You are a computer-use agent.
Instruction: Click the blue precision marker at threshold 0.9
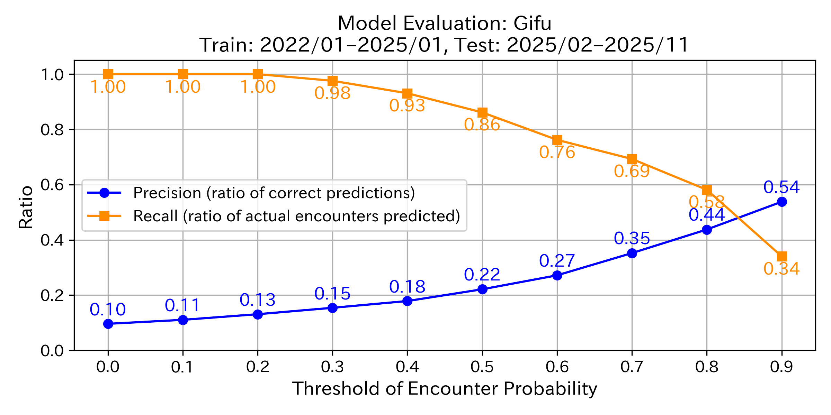click(781, 202)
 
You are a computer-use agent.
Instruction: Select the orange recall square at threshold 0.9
click(781, 257)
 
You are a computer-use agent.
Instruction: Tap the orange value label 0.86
click(482, 125)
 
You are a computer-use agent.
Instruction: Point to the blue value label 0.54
click(781, 187)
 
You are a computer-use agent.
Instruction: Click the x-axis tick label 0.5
click(482, 367)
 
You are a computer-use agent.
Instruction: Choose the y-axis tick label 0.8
click(52, 130)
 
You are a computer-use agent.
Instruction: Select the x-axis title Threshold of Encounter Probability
click(445, 388)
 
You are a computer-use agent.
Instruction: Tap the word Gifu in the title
click(532, 24)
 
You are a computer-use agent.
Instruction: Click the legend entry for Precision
click(274, 193)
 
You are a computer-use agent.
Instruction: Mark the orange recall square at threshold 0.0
click(108, 74)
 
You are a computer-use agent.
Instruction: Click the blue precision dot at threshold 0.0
click(108, 324)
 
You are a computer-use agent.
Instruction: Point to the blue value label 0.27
click(557, 261)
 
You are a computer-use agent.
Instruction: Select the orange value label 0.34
click(781, 269)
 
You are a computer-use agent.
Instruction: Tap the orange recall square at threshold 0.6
click(557, 140)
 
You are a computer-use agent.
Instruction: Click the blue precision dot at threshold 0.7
click(632, 253)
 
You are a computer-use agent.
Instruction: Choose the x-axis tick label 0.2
click(258, 367)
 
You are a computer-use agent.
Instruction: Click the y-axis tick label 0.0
click(52, 351)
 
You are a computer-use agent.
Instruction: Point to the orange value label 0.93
click(407, 106)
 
